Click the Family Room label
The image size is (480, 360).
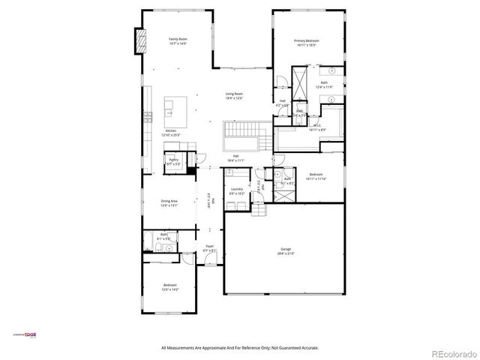[x=178, y=38]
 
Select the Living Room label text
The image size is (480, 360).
[x=235, y=94]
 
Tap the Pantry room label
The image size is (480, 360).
[x=172, y=160]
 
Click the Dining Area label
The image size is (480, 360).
[x=169, y=201]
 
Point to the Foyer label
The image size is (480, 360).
[x=210, y=246]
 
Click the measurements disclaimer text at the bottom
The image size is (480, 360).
[x=240, y=347]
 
